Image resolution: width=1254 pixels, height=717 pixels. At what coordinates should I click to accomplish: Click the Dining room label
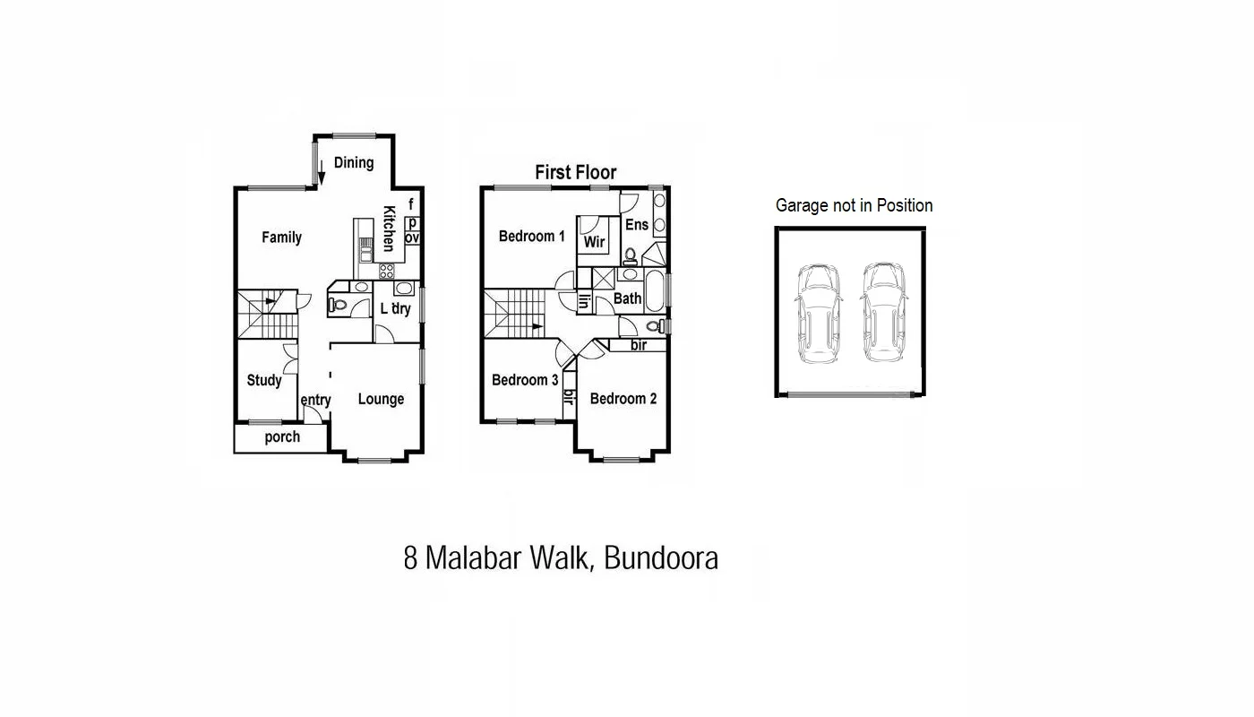click(353, 162)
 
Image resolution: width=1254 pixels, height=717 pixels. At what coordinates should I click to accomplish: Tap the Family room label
click(281, 238)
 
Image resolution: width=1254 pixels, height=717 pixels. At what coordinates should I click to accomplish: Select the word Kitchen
click(390, 229)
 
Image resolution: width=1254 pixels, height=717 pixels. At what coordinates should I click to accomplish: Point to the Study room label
click(264, 380)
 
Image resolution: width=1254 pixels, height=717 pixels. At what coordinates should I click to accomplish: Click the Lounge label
click(381, 399)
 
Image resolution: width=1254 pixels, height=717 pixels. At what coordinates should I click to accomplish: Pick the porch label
click(282, 437)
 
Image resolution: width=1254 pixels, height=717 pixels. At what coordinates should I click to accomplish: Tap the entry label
click(315, 400)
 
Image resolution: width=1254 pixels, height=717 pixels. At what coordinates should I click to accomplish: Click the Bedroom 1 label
click(531, 237)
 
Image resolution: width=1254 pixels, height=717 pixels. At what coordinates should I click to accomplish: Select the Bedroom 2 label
click(623, 399)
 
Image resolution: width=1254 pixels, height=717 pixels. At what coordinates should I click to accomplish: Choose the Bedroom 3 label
click(525, 380)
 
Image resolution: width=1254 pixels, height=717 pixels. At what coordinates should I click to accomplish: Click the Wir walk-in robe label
click(594, 242)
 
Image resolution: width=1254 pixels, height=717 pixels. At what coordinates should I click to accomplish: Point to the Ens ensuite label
click(636, 224)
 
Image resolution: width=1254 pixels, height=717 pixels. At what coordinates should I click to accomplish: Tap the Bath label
click(627, 298)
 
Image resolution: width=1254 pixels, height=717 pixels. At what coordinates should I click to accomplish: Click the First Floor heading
click(575, 172)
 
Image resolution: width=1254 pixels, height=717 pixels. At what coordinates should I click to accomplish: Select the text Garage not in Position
click(854, 205)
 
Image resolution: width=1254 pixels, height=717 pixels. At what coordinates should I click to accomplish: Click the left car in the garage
click(818, 312)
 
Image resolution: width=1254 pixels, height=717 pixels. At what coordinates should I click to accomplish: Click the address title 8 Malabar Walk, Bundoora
click(561, 558)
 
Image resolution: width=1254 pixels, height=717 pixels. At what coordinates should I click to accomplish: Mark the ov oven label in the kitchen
click(412, 238)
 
